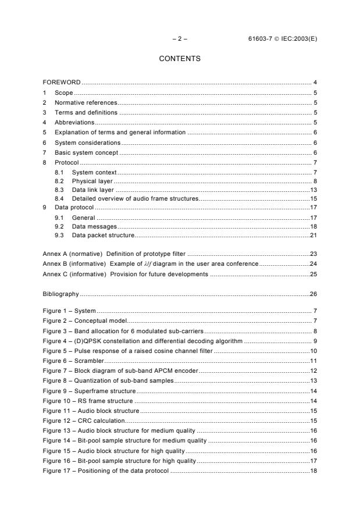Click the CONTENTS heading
click(x=180, y=59)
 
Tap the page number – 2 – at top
click(x=180, y=39)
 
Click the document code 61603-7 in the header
click(x=261, y=39)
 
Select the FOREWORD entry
click(x=62, y=83)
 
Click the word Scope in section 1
click(x=64, y=92)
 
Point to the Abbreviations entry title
click(x=74, y=123)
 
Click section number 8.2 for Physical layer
click(x=59, y=182)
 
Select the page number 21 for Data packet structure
click(x=313, y=235)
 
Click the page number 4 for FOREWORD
click(x=315, y=83)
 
